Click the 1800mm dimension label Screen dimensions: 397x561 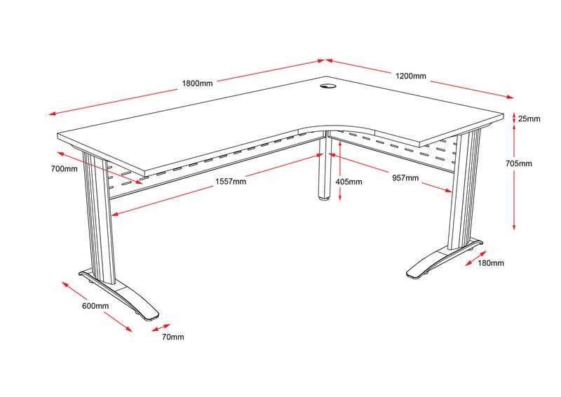pos(197,83)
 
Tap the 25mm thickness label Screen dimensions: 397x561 pos(529,119)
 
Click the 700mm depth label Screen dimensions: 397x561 pos(64,169)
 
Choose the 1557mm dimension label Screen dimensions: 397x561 pos(230,182)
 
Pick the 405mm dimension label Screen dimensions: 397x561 pos(349,182)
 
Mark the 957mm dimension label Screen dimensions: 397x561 pos(405,178)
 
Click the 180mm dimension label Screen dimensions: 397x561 pos(490,263)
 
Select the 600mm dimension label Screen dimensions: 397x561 pos(95,306)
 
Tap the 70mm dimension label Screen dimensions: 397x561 pos(173,337)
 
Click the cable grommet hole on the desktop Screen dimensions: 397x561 pos(328,87)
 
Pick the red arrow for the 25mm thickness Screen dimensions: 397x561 pos(514,119)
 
